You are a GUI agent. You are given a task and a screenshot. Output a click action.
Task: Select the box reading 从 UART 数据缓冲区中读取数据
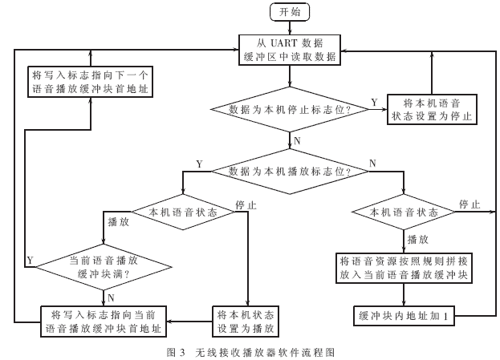coord(291,49)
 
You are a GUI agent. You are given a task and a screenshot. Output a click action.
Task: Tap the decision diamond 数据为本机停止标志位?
coord(290,108)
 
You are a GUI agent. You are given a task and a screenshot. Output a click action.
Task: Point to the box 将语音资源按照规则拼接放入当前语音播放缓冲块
coord(408,268)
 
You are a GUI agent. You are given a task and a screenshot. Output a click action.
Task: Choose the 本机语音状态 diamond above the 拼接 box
coord(404,212)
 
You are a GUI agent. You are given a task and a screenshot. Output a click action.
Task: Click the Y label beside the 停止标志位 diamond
coord(374,102)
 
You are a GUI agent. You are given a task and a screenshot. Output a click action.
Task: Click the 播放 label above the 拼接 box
coord(417,239)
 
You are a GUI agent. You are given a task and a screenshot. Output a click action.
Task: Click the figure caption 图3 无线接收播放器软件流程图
coord(250,351)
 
